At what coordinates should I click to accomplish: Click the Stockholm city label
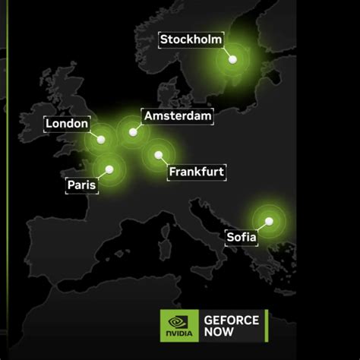[x=190, y=39]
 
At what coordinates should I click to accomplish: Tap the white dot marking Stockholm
[x=232, y=58]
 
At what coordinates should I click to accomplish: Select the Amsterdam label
[x=178, y=116]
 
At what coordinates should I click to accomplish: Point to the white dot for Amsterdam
[x=134, y=131]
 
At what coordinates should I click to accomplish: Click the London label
[x=68, y=124]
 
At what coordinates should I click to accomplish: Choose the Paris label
[x=81, y=185]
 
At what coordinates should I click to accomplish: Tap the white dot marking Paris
[x=110, y=169]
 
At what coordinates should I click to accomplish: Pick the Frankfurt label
[x=196, y=172]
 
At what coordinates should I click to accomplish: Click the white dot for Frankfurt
[x=159, y=155]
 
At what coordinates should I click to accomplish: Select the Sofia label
[x=242, y=238]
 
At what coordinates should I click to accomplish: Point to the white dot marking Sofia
[x=268, y=221]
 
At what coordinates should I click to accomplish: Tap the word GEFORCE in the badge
[x=231, y=320]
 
